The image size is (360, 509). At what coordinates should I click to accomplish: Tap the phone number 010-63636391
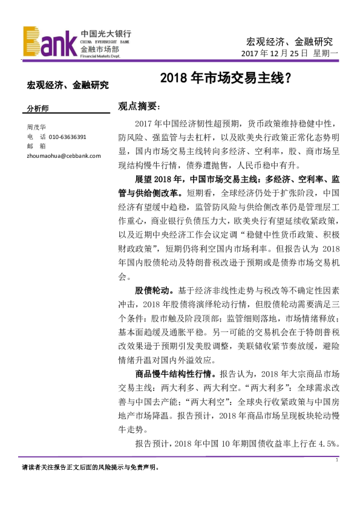point(68,137)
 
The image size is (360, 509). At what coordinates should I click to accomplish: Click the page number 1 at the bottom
point(336,461)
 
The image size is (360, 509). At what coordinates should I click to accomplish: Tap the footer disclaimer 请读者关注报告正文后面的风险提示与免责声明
point(90,467)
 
